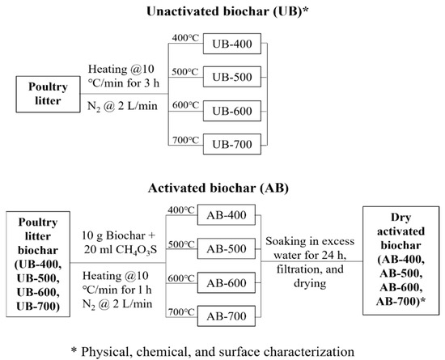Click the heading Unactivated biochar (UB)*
pos(222,10)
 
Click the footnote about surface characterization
pos(222,350)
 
